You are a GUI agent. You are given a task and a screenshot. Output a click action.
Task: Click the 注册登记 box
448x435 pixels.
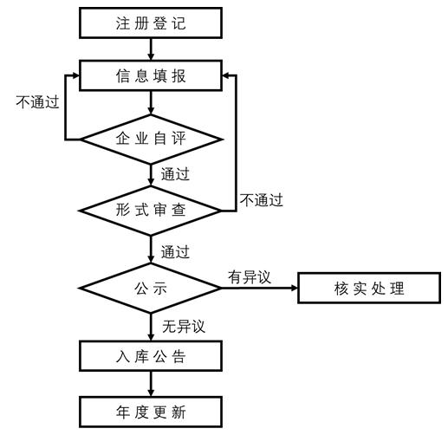(151, 23)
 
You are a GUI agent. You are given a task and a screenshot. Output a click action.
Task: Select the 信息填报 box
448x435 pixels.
(151, 75)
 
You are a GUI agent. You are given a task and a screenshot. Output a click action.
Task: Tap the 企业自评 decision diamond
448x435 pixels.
(151, 138)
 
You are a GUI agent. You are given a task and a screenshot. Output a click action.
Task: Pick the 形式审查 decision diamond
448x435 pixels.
(151, 210)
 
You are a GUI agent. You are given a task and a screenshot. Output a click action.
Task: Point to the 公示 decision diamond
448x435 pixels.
(151, 287)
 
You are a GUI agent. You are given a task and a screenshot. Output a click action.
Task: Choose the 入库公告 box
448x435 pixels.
(151, 356)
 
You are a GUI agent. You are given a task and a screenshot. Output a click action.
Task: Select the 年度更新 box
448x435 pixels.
(151, 409)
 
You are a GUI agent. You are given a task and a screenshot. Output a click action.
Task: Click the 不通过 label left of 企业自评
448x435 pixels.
(37, 101)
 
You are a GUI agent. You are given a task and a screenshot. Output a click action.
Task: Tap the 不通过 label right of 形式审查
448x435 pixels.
(261, 200)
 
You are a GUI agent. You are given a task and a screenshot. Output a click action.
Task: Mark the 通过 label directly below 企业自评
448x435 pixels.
(175, 173)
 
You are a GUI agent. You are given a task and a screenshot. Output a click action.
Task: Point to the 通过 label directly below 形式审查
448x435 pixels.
(175, 252)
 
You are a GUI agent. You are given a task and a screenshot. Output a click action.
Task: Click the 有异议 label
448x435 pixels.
(250, 276)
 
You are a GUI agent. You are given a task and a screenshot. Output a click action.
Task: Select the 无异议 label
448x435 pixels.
(183, 326)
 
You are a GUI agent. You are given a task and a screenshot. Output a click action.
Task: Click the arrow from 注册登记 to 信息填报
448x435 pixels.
(151, 49)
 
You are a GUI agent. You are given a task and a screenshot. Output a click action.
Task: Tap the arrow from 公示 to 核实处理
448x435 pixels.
(260, 288)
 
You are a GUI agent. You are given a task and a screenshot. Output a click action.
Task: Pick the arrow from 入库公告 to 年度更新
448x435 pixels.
(151, 383)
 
